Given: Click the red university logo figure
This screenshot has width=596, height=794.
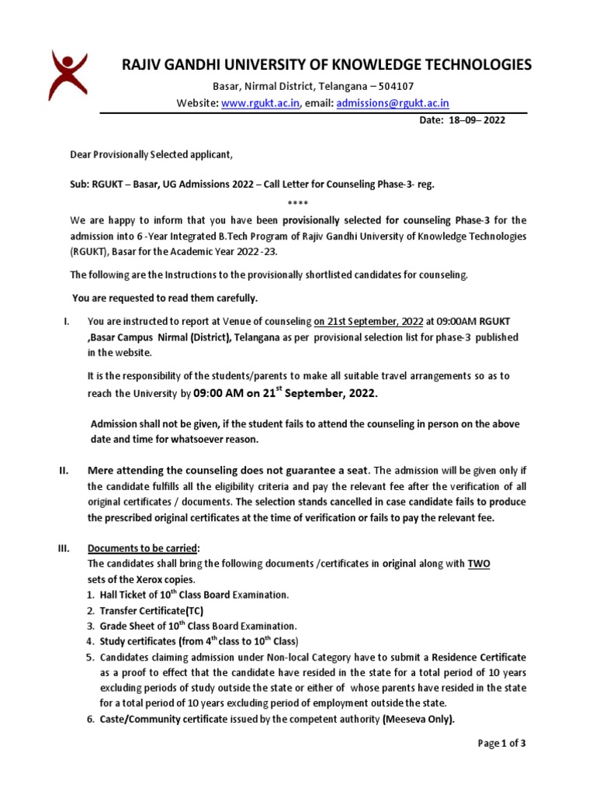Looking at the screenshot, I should [68, 75].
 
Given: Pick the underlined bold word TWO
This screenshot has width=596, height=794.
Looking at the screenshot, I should [478, 563].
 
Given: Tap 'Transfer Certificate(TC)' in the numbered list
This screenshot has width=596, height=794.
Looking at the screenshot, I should [151, 611].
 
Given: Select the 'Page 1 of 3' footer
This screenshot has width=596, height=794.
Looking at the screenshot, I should [502, 744].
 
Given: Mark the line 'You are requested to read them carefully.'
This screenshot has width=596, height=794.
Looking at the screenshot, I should [165, 298].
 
